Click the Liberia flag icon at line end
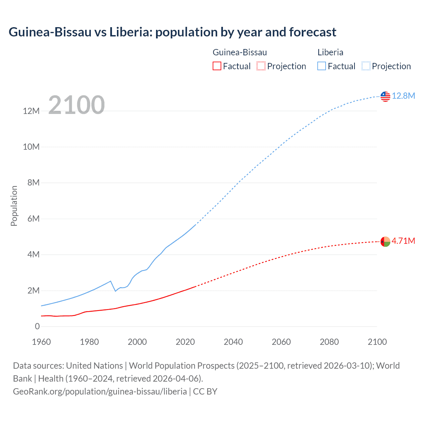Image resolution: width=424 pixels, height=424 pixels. coord(385,96)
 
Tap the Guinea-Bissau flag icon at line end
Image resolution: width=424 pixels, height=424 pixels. coord(385,241)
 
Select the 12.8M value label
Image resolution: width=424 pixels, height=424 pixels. coord(403,96)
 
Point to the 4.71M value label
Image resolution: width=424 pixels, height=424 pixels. coord(403,241)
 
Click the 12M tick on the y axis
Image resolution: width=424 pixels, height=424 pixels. coord(31,111)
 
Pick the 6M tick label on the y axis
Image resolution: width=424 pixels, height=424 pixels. coord(33,219)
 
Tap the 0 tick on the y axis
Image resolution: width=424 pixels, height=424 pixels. coord(37,326)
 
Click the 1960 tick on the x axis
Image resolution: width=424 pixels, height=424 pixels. coord(41,342)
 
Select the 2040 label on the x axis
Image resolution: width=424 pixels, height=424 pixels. coord(233,342)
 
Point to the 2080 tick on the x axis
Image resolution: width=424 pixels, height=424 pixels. coord(329,342)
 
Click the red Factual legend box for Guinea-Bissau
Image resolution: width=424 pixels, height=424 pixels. coord(217,66)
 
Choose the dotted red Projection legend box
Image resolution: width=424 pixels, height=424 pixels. coord(261,66)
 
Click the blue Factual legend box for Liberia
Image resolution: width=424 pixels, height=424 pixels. coord(321,66)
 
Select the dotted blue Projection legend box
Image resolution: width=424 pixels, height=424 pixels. coord(366,66)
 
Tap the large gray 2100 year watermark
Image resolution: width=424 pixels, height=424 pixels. coord(77,105)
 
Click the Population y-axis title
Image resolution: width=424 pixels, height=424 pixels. coord(14,206)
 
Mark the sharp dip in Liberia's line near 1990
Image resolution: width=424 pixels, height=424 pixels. coord(115,291)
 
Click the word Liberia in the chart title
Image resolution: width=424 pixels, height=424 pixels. coord(129,32)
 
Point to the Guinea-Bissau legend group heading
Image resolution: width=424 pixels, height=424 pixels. coord(239,52)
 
